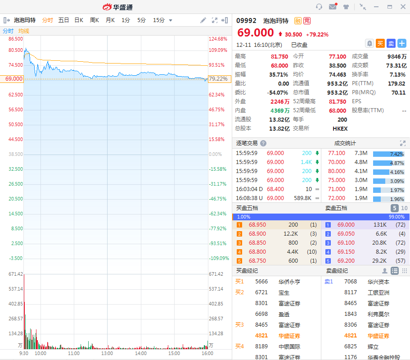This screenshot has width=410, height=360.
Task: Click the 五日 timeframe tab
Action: [x=63, y=20]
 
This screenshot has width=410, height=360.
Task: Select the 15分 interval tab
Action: [x=158, y=20]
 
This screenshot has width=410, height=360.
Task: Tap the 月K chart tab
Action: [x=110, y=20]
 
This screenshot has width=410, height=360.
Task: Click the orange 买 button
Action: [x=380, y=43]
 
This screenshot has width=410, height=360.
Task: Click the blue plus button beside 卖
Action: [x=402, y=43]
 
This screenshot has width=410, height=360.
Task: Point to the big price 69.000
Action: [x=255, y=33]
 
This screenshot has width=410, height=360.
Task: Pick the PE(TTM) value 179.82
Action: [x=396, y=83]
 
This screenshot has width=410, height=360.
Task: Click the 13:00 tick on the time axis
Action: [x=107, y=354]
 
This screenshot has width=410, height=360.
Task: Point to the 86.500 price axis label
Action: [x=15, y=39]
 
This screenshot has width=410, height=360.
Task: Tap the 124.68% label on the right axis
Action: [x=218, y=39]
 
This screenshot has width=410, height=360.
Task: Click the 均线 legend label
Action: [x=24, y=31]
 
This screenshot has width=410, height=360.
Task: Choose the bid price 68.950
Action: [x=257, y=225]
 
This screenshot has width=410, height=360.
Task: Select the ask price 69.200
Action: [x=346, y=261]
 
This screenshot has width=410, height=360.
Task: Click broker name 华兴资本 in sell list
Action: [x=378, y=282]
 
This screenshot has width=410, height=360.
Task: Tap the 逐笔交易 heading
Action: [x=247, y=143]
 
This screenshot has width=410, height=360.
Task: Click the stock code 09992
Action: [x=246, y=21]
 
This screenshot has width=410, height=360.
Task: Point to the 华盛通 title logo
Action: [x=117, y=7]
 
